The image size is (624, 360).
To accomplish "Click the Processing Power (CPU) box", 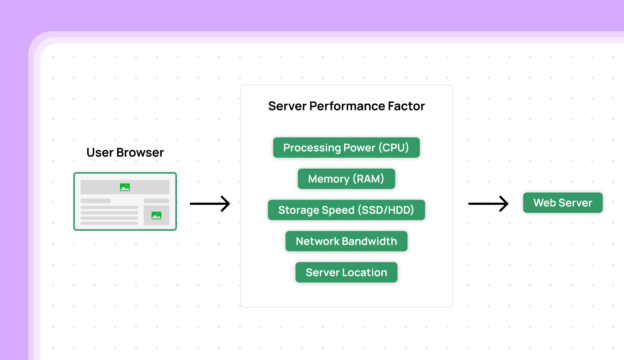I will tap(346, 148).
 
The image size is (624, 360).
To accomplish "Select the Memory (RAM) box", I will tap(346, 179).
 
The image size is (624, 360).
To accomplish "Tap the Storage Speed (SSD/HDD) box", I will tap(346, 210).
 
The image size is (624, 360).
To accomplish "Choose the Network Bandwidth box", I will tap(346, 241).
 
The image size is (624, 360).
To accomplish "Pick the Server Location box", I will tap(346, 272).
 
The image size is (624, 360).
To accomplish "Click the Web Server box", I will tap(563, 203).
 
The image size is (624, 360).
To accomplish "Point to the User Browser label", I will tap(125, 153).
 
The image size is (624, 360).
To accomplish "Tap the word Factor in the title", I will tap(406, 106).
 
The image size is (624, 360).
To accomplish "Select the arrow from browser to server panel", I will tap(210, 204).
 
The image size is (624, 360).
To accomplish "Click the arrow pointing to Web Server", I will tap(488, 204).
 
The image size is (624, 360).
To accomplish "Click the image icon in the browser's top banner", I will tap(125, 187).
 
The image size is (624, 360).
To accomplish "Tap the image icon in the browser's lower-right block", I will tap(156, 215).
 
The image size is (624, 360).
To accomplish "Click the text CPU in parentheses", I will tap(393, 148).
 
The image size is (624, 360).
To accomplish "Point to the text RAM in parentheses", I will tap(368, 179).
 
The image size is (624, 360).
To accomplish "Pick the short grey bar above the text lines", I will tap(96, 201).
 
